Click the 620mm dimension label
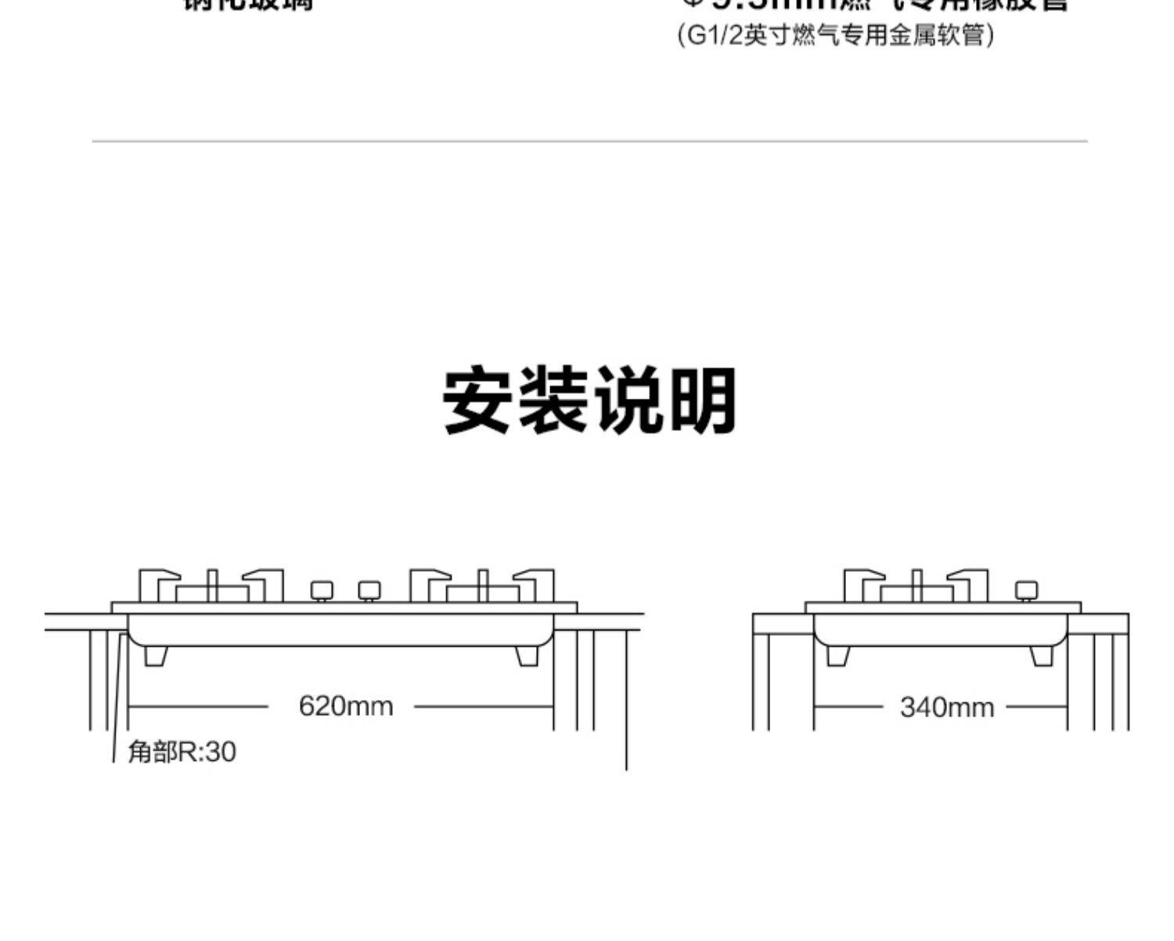click(345, 706)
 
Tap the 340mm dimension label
click(946, 708)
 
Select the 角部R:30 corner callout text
click(182, 752)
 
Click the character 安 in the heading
click(477, 400)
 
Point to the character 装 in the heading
click(553, 400)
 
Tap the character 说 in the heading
click(627, 400)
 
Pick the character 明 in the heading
click(702, 400)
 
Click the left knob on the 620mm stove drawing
click(322, 591)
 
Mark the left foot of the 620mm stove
click(156, 655)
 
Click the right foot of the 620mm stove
click(528, 655)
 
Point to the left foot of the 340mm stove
click(838, 655)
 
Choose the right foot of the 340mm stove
click(1042, 655)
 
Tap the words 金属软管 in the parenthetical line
click(936, 36)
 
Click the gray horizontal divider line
click(589, 142)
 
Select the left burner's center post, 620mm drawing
click(211, 586)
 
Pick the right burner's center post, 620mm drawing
click(483, 586)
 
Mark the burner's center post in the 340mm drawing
click(917, 586)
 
